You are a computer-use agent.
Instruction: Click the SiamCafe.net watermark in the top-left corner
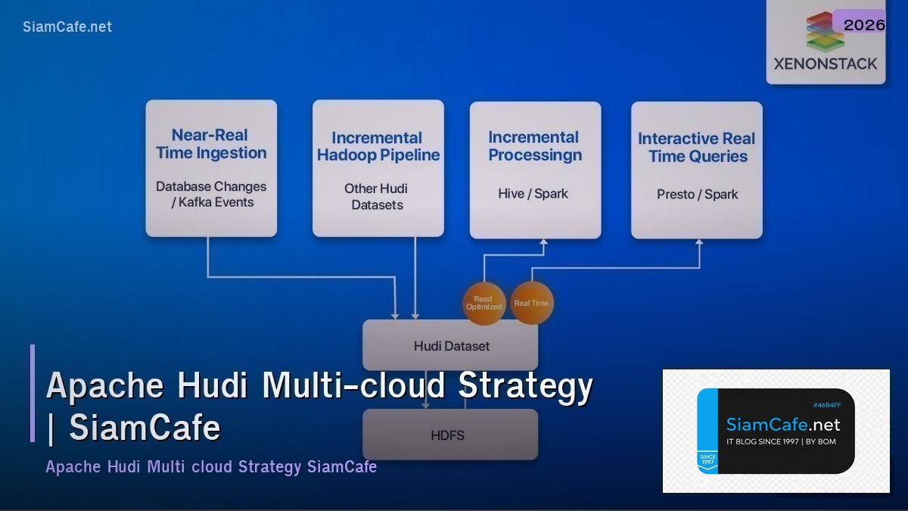67,26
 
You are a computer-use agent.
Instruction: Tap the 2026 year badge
863,25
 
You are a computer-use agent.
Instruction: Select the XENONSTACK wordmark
825,64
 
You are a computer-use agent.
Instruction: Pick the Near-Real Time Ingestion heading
211,144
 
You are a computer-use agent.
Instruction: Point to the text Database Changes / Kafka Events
211,195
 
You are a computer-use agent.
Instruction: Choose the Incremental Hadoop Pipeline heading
378,147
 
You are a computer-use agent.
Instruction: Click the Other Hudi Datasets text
378,197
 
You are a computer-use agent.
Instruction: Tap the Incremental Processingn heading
534,146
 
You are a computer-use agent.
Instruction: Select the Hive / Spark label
533,194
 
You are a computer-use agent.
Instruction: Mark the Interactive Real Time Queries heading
696,148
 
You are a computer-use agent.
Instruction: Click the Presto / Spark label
697,195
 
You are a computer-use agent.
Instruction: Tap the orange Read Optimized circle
484,304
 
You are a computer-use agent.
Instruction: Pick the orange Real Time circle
531,303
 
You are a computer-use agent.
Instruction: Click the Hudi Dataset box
451,346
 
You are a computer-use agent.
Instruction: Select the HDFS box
450,435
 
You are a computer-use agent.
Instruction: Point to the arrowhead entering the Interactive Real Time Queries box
699,244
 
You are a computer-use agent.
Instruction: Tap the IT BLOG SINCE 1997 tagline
781,441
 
